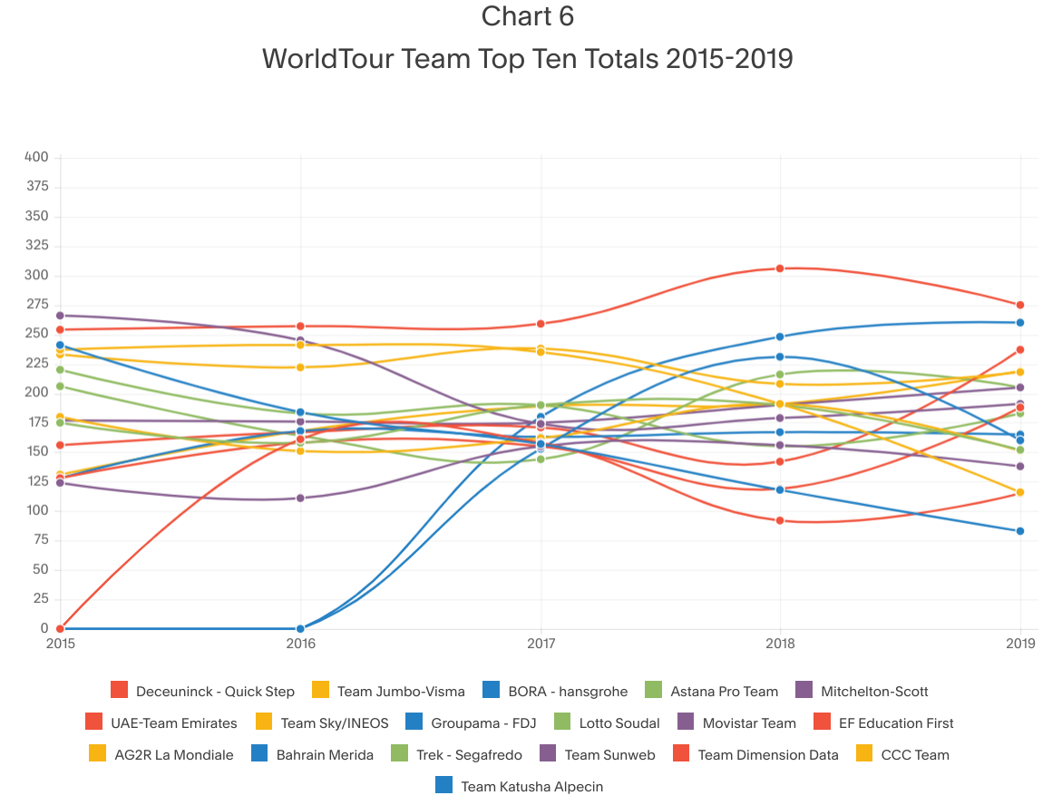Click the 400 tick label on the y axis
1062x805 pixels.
tap(36, 158)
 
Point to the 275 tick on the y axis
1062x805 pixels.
tap(36, 305)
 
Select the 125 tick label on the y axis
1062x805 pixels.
tap(36, 481)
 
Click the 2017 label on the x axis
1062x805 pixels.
tap(541, 644)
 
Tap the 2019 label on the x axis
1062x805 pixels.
tap(1021, 644)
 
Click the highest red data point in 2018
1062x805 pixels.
tap(780, 268)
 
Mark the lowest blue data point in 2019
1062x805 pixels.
tap(1020, 531)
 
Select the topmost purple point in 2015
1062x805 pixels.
tap(60, 315)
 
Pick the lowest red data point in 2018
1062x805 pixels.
tap(780, 520)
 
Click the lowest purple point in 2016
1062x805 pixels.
tap(300, 498)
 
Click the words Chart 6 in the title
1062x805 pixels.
tap(528, 17)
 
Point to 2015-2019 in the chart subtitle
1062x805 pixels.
tap(729, 59)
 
